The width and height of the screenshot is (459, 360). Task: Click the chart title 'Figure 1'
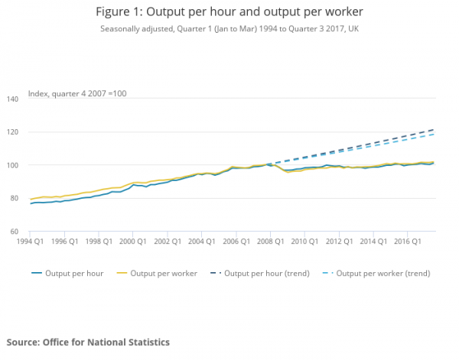[229, 12]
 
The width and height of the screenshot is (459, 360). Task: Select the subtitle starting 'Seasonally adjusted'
[229, 29]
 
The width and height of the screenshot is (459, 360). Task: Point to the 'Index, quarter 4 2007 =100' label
[76, 93]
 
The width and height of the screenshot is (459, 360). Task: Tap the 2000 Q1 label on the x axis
[134, 241]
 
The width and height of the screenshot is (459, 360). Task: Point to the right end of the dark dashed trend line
[435, 130]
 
